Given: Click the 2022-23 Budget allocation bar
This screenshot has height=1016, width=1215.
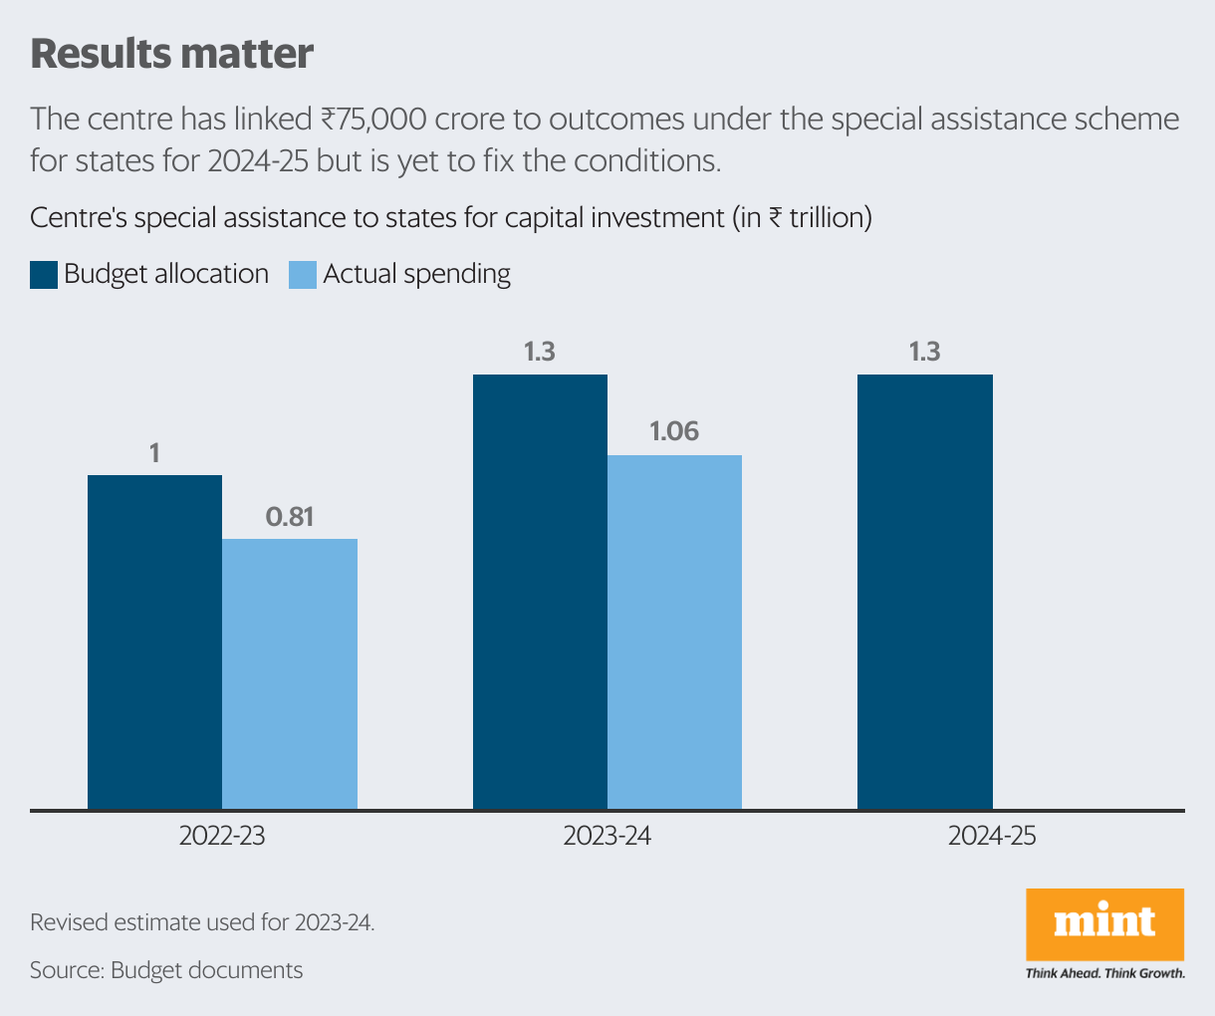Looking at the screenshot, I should tap(154, 641).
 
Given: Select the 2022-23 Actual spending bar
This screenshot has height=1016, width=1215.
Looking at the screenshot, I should tap(290, 673).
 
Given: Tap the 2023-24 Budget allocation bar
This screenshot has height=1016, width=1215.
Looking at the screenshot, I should tap(540, 592).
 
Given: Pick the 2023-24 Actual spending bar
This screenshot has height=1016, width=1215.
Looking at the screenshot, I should tap(674, 632).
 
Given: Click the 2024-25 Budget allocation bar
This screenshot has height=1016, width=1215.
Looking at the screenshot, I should tap(924, 592).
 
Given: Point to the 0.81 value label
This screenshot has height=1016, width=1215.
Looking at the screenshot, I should tap(290, 517).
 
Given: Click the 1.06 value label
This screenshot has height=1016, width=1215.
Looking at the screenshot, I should tap(674, 432).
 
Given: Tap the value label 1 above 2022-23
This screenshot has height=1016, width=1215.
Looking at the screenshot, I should tap(154, 454).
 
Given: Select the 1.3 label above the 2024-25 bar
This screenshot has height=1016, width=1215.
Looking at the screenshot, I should tap(924, 352).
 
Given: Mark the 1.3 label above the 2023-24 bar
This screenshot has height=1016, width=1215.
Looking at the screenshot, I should tap(540, 352).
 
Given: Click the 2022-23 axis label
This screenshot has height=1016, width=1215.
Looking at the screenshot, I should tap(222, 835).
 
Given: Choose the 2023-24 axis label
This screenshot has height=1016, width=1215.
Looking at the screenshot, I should tap(607, 835).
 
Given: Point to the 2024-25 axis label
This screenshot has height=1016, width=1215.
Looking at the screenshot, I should tap(992, 835).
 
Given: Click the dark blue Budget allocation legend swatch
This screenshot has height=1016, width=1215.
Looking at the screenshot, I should tap(44, 275).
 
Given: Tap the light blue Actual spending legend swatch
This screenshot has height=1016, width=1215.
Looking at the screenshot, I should tap(303, 275).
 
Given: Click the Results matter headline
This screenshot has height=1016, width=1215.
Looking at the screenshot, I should tap(172, 54).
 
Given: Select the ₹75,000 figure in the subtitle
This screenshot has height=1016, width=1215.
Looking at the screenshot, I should tap(373, 120).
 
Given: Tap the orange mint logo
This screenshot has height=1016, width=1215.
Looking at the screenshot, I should tap(1104, 923).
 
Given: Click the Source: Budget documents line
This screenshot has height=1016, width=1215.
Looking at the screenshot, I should tap(166, 970).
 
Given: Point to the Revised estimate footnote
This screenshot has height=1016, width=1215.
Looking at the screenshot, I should tap(202, 922).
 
